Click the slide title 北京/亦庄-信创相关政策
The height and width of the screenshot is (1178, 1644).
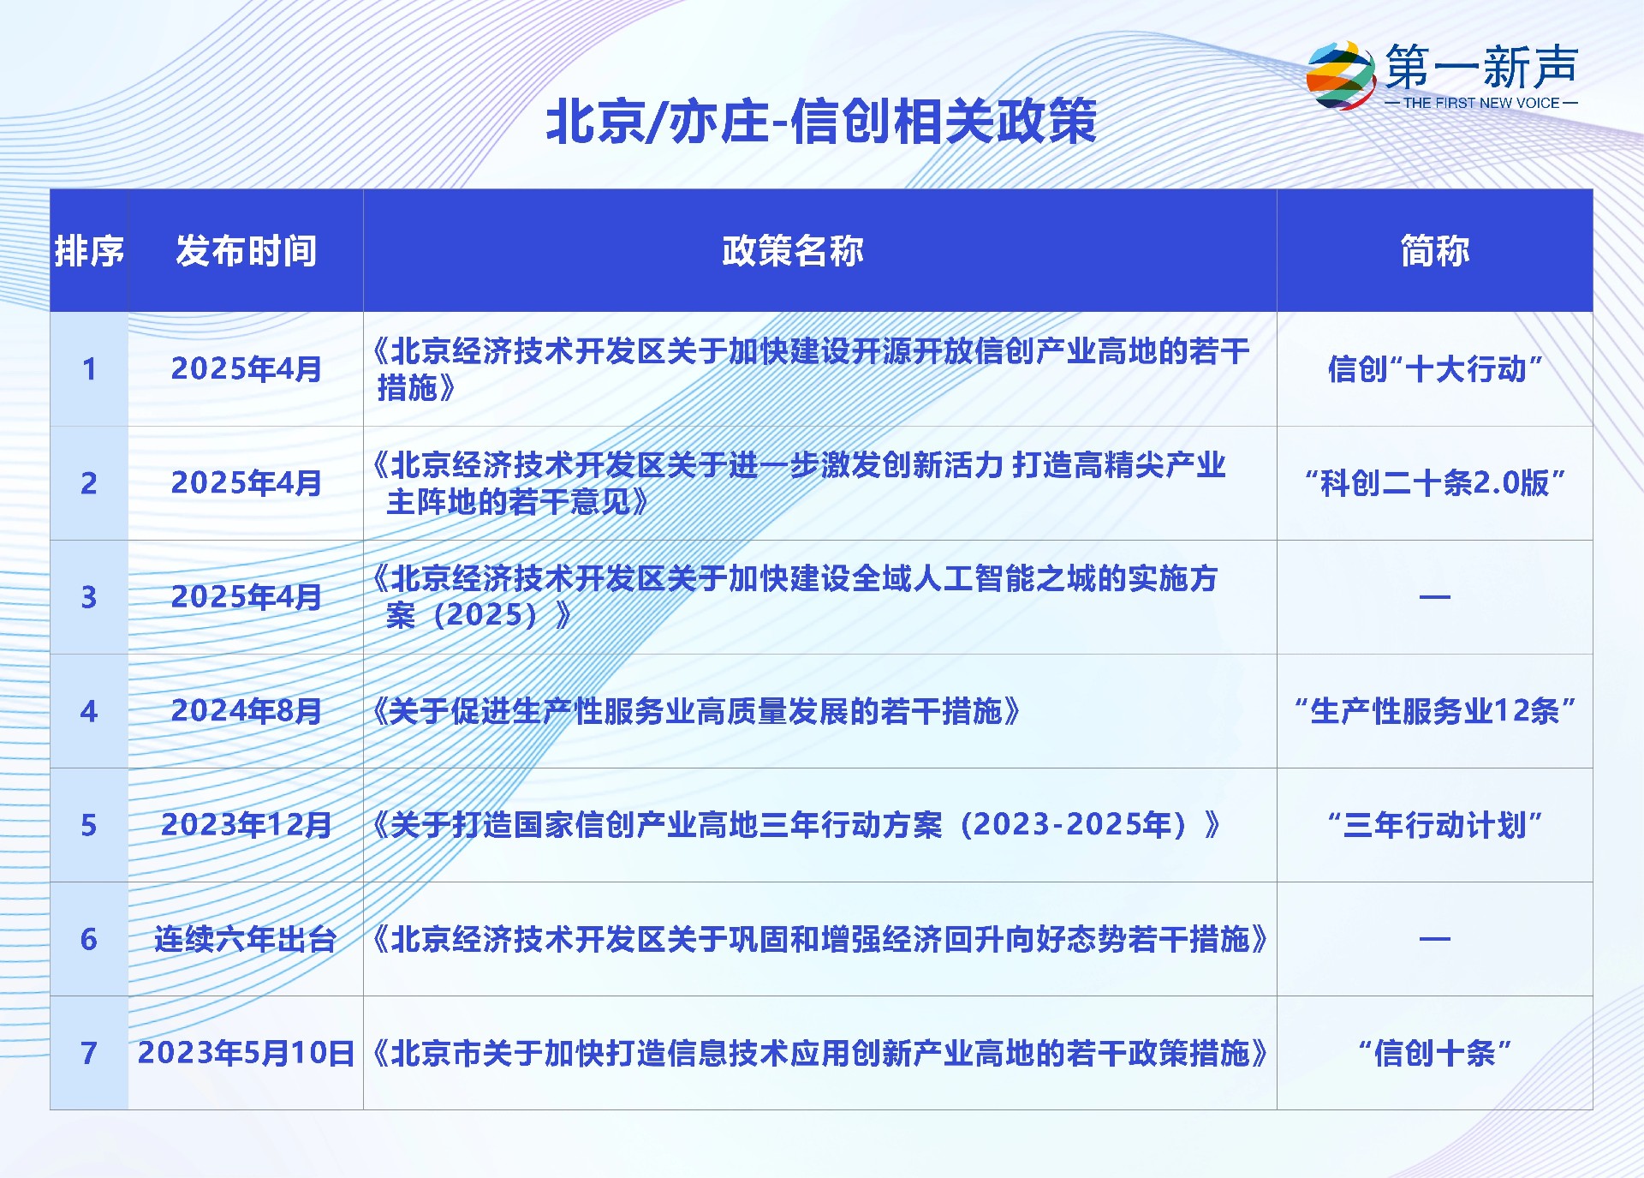coord(821,121)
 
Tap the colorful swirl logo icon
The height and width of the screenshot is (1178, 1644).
coord(1340,75)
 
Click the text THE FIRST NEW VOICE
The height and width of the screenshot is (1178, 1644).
coord(1481,103)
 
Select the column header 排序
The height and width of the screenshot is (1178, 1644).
coord(89,251)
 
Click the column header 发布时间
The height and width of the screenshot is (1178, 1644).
coord(247,251)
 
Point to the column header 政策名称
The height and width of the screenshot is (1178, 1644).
coord(793,251)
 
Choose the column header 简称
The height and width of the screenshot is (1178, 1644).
coord(1435,251)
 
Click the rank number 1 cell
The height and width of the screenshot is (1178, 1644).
coord(89,369)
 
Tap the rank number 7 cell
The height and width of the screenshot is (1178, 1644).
coord(89,1053)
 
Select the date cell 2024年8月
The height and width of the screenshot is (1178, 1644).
coord(247,711)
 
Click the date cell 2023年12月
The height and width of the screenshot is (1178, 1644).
coord(247,825)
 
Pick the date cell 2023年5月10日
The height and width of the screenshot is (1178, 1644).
coord(247,1053)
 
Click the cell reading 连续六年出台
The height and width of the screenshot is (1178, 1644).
coord(246,939)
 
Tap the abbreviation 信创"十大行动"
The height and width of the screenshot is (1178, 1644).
coord(1435,369)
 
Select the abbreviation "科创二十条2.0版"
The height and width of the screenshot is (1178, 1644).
coord(1435,483)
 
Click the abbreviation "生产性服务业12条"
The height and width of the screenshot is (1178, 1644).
coord(1435,711)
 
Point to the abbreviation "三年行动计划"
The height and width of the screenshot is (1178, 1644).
coord(1435,825)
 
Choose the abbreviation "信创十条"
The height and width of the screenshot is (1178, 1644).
coord(1435,1053)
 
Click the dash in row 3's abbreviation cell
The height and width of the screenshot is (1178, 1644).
coord(1435,597)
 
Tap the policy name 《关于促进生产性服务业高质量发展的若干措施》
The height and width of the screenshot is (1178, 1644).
coord(696,711)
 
